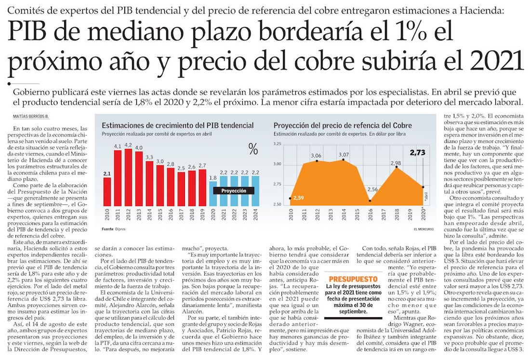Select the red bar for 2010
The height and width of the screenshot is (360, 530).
[107, 192]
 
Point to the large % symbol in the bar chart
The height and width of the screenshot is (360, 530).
[253, 149]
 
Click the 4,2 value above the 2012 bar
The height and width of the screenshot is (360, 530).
[128, 145]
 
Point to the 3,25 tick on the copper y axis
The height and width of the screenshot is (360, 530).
[276, 144]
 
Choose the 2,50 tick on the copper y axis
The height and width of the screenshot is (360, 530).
[276, 205]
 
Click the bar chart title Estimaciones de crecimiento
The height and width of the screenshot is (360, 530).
[177, 125]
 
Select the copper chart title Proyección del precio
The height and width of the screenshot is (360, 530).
[344, 125]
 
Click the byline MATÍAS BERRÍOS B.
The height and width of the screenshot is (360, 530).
[30, 116]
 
